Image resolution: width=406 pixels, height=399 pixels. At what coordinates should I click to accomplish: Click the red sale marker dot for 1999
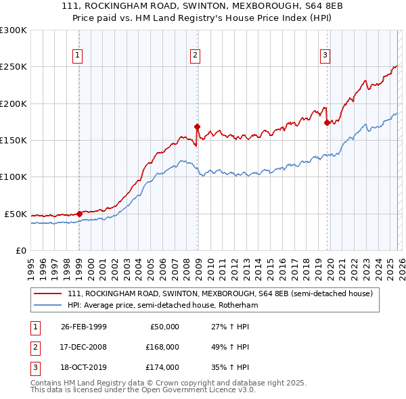click(x=79, y=214)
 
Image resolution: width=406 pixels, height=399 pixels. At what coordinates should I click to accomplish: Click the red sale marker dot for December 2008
click(x=197, y=126)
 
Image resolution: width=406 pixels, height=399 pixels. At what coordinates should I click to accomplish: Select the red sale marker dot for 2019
click(x=327, y=122)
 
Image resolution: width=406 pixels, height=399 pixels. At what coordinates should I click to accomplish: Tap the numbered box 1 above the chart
click(x=78, y=55)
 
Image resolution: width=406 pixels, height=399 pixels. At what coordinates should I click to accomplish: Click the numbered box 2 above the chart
click(x=195, y=55)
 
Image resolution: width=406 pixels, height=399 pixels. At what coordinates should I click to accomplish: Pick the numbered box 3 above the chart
click(x=325, y=55)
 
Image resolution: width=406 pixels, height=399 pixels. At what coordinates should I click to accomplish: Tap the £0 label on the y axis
click(x=20, y=250)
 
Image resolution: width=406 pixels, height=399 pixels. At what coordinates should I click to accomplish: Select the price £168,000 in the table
click(x=162, y=347)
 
